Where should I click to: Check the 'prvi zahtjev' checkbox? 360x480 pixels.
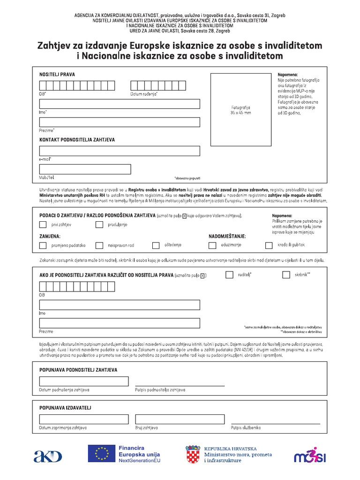tap(43, 225)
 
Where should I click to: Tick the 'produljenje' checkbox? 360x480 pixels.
tap(99, 225)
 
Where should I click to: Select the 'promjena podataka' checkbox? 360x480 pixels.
tap(43, 245)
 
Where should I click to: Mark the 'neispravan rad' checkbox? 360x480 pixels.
tap(99, 245)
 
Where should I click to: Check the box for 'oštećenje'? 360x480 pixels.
tap(156, 245)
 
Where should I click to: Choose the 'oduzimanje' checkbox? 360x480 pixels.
tap(212, 245)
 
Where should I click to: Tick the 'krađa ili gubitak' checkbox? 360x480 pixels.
tap(269, 245)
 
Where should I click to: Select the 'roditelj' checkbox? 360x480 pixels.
tap(229, 275)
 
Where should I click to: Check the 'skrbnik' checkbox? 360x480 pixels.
tap(286, 275)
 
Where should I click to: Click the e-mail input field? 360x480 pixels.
tap(120, 151)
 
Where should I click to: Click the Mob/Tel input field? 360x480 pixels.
tap(85, 169)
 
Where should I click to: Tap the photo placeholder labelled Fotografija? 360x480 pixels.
tap(241, 110)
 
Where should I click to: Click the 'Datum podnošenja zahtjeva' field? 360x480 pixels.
tap(83, 381)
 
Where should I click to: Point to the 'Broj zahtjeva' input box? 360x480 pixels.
tap(179, 419)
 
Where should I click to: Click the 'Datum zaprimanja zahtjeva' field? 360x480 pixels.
tap(83, 419)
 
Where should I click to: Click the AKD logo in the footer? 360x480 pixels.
tap(47, 456)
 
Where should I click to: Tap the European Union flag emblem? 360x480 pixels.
tap(101, 454)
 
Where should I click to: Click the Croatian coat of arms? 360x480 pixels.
tap(193, 454)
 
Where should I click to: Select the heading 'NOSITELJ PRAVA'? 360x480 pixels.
tap(57, 75)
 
